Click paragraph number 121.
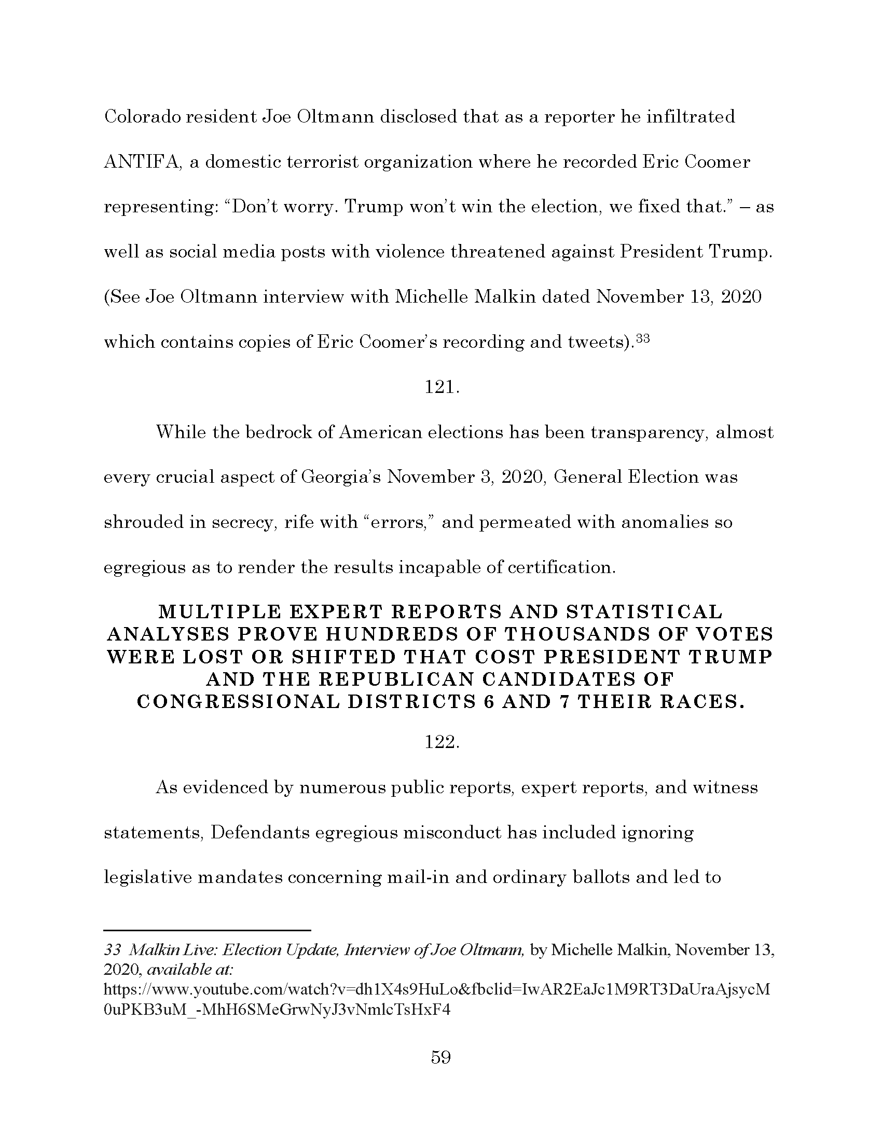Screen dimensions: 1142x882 click(442, 387)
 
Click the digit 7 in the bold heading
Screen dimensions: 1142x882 click(563, 702)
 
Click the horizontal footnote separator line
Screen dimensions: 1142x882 click(208, 931)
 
